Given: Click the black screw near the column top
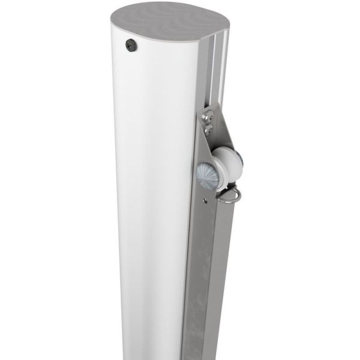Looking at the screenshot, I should [130, 44].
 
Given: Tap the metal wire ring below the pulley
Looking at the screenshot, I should [230, 196].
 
